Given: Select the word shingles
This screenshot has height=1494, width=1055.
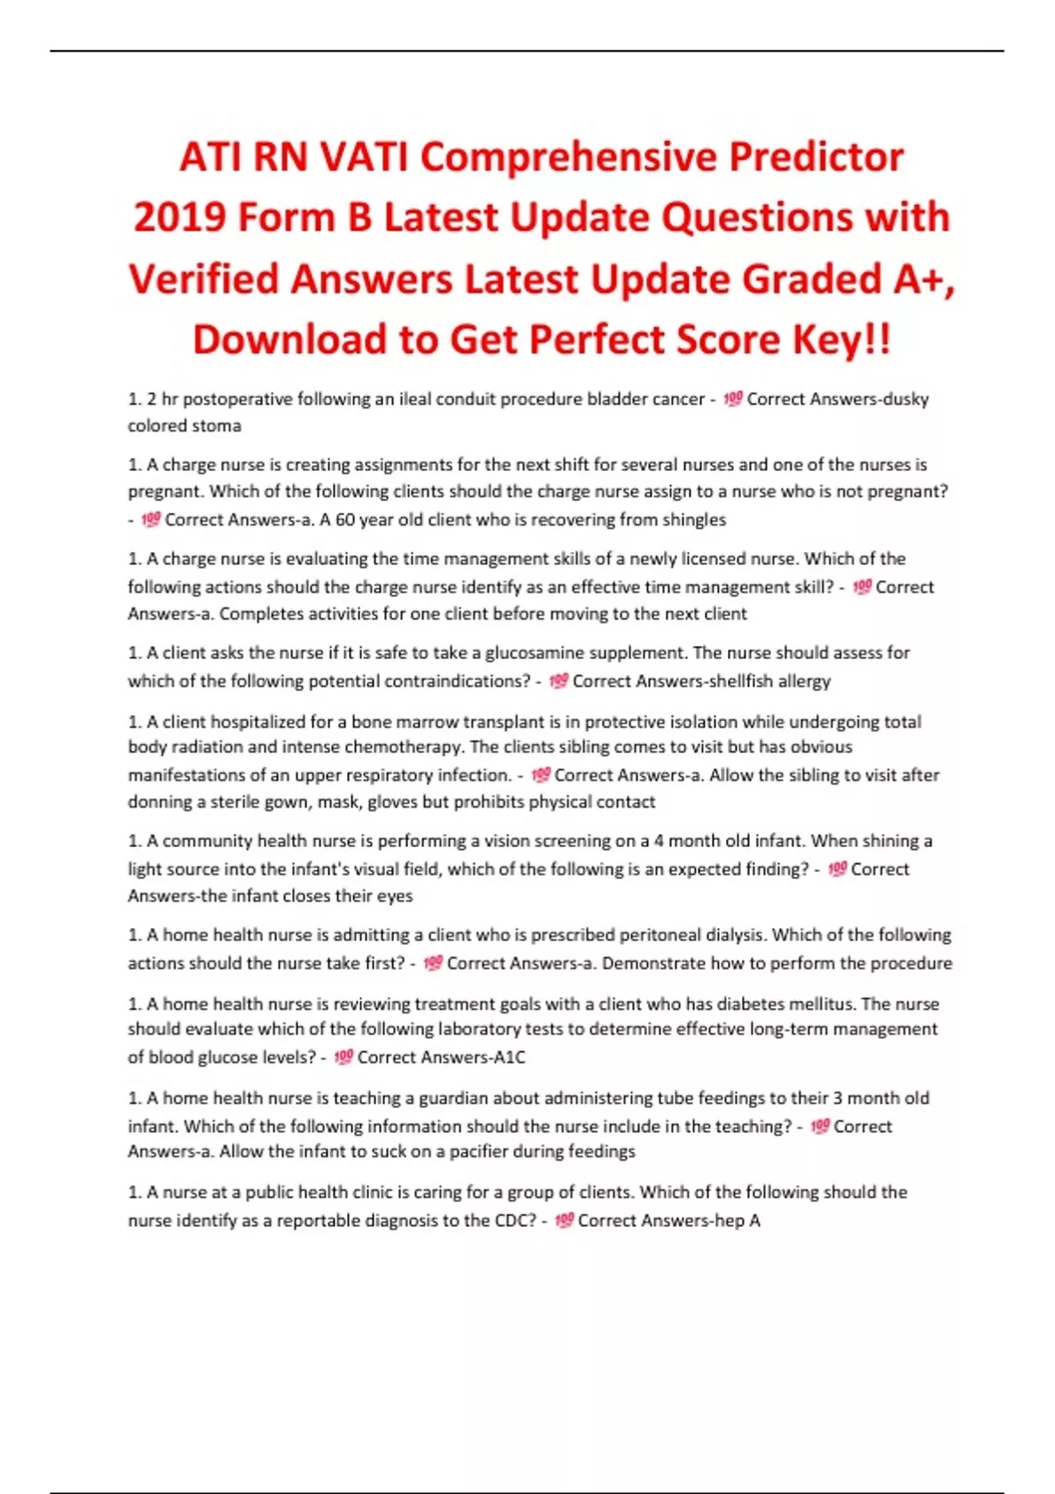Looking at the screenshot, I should [x=695, y=519].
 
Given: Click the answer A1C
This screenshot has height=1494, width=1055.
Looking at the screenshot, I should [x=509, y=1057].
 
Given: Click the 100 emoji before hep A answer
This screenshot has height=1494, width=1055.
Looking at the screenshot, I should [x=564, y=1220].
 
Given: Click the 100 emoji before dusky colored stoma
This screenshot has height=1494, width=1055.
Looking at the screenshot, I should [x=733, y=399].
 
